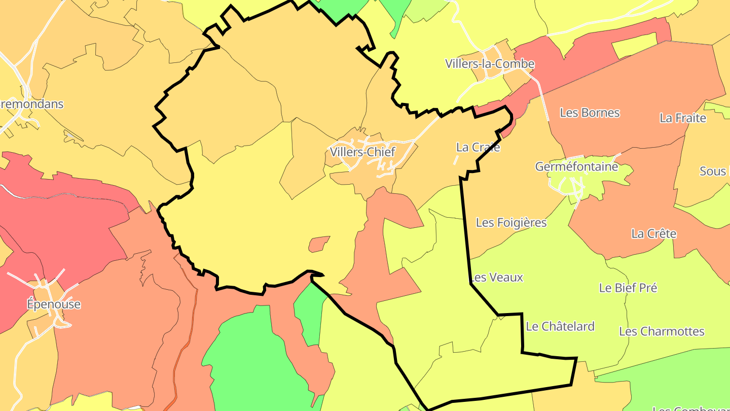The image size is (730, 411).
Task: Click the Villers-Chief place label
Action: (x=362, y=152)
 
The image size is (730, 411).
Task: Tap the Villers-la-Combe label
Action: (x=490, y=63)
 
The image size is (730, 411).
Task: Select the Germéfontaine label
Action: (x=576, y=166)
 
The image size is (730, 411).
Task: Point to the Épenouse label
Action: (x=54, y=304)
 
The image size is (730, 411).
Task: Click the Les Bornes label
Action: (x=590, y=113)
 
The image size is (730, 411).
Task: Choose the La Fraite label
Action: (x=682, y=118)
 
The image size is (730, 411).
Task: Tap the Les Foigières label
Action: (x=511, y=222)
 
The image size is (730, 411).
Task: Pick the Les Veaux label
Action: (x=497, y=278)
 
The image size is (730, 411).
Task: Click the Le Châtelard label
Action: (x=560, y=326)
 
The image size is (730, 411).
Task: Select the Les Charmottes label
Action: (x=662, y=331)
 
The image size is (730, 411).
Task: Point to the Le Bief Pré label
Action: (x=628, y=288)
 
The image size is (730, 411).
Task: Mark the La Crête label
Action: (x=653, y=234)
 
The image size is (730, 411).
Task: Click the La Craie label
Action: (x=478, y=147)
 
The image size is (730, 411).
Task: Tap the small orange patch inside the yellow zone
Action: (x=319, y=244)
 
